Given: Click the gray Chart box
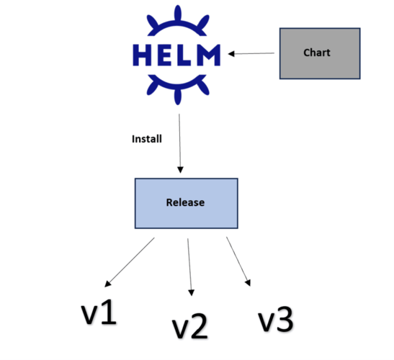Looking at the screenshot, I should point(320,53).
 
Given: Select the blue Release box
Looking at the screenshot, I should point(186,202).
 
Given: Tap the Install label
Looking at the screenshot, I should point(147,138).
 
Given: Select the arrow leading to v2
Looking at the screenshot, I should point(189,266).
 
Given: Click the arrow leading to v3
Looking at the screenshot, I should point(238,261).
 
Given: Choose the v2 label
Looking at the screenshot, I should point(190,325).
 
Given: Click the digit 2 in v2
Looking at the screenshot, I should point(199,325).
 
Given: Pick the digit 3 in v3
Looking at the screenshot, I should point(284,319).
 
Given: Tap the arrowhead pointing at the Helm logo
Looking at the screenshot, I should point(233,53).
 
